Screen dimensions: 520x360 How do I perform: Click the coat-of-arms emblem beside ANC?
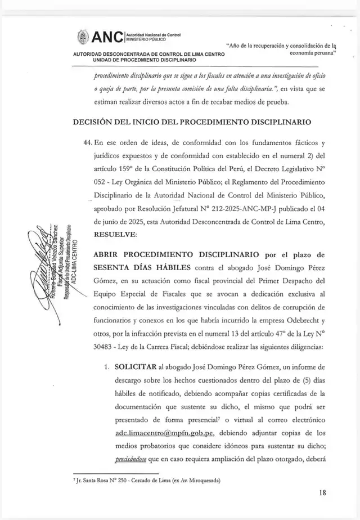(82, 37)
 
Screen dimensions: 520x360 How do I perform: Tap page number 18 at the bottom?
(322, 492)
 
